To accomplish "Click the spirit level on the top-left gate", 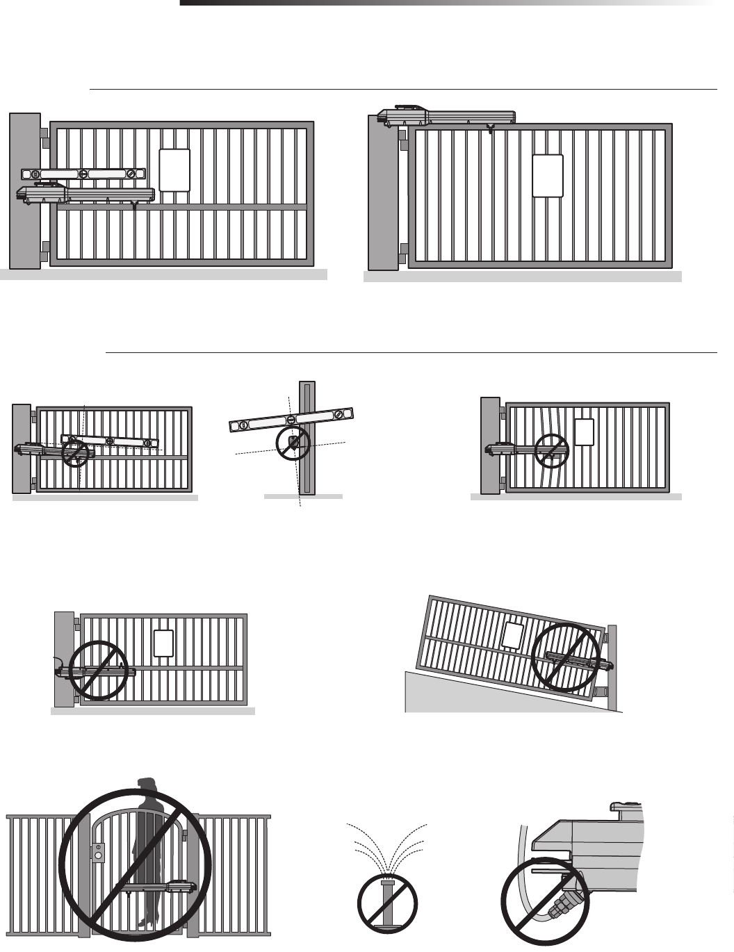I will pyautogui.click(x=83, y=174).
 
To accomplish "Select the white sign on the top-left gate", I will pyautogui.click(x=174, y=170).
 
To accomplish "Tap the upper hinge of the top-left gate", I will pyautogui.click(x=44, y=138).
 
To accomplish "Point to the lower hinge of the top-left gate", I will pyautogui.click(x=44, y=251).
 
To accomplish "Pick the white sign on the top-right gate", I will pyautogui.click(x=547, y=176).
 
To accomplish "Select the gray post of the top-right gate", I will pyautogui.click(x=382, y=195).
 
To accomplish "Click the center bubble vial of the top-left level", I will pyautogui.click(x=83, y=173).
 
